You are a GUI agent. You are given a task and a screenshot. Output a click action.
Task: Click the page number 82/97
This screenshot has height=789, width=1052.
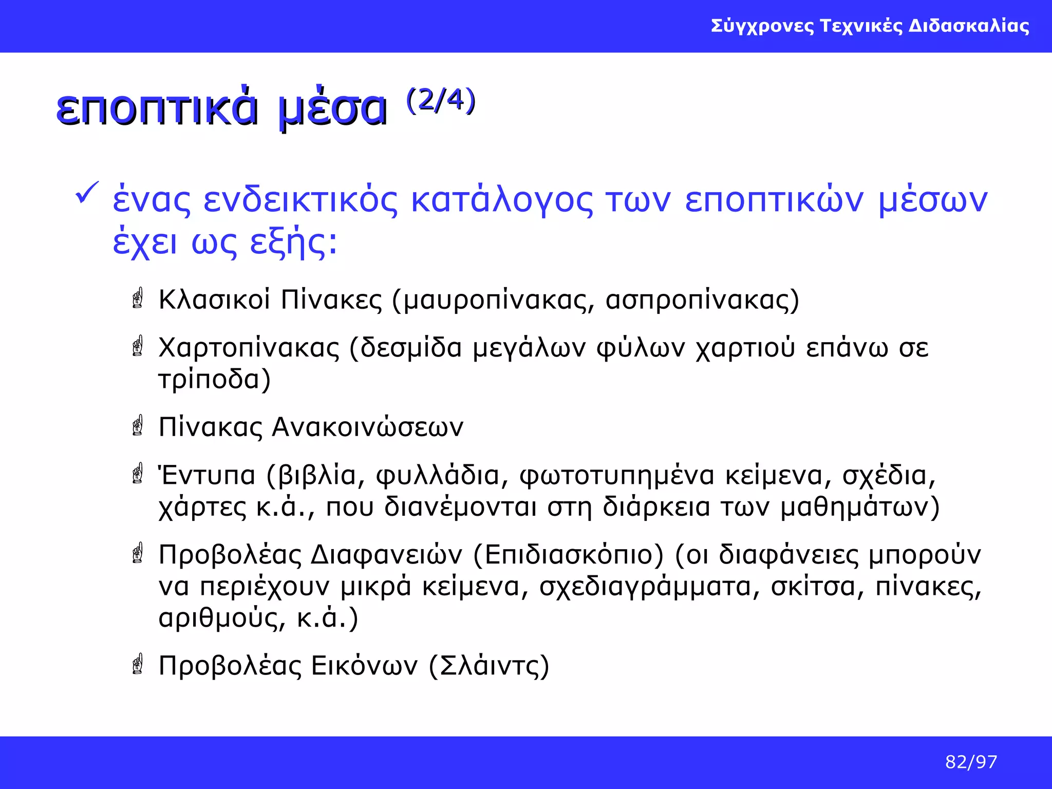point(971,762)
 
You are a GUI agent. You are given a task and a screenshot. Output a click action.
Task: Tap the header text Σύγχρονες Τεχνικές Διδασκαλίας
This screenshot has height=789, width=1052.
point(870,26)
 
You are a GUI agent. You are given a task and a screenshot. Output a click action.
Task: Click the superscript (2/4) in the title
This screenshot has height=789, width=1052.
point(441,100)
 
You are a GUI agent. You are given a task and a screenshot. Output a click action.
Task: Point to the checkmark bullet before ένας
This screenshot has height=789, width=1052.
point(87,193)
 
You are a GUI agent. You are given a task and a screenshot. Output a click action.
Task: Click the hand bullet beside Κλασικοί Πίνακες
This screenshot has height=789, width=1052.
point(138,298)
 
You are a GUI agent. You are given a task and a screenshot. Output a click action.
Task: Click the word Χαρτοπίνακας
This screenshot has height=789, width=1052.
point(249,348)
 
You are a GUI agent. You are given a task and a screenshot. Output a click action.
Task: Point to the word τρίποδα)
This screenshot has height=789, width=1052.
point(214,380)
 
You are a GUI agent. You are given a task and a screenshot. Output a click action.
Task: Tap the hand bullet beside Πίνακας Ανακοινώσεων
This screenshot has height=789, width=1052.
point(138,426)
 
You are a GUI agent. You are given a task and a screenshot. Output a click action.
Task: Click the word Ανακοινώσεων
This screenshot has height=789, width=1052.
point(367,427)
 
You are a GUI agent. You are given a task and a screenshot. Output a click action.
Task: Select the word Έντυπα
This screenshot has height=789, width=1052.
point(206,476)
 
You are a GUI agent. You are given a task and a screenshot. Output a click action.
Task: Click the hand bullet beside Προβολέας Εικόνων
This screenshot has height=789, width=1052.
point(138,665)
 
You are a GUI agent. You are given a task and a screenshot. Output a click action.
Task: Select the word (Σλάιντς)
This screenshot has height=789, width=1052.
point(489,666)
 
